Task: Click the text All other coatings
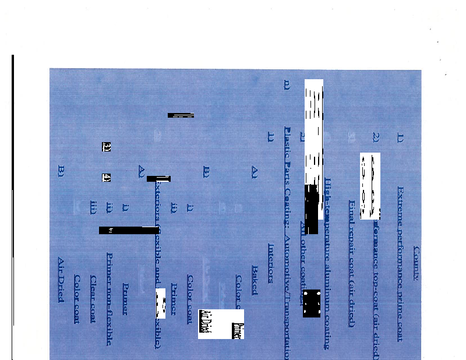point(302,263)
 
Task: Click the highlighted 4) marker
point(107,177)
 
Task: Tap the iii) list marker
point(93,207)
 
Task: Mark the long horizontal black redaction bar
point(129,230)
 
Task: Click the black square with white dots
point(312,303)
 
